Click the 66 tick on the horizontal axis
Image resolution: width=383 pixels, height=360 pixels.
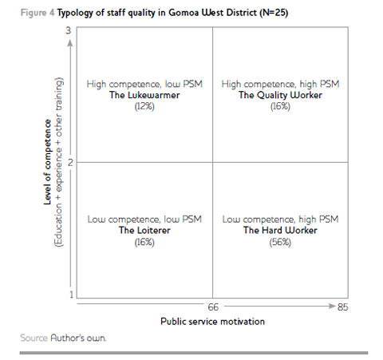214,306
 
